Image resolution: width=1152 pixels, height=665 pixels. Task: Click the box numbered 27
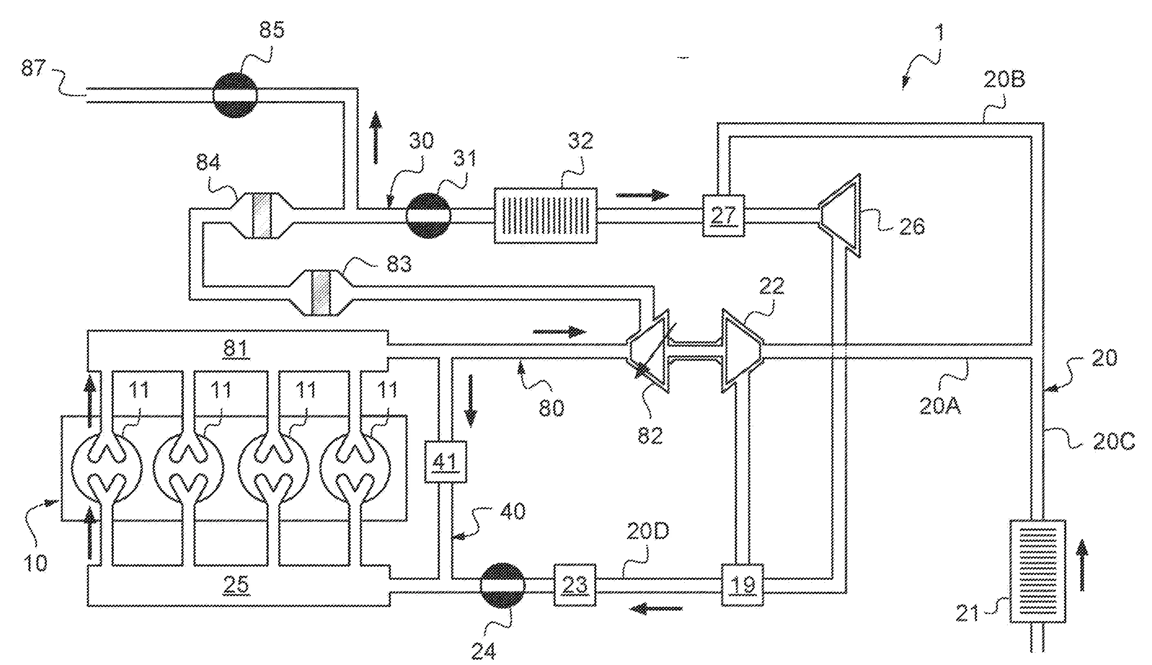[x=723, y=216]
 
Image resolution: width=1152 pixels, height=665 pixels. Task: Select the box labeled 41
[x=446, y=461]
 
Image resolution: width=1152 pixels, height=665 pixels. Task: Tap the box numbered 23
[x=575, y=585]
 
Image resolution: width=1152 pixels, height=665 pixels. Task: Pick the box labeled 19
[x=743, y=585]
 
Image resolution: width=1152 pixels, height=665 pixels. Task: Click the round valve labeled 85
[x=235, y=95]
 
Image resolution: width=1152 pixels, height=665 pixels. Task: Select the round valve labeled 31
[x=428, y=216]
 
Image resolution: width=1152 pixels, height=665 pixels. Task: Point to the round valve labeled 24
[x=503, y=585]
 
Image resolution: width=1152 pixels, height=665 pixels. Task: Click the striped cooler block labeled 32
[x=546, y=216]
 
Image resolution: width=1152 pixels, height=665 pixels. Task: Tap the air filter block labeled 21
[x=1037, y=571]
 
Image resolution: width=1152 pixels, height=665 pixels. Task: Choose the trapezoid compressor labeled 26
[x=840, y=216]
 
